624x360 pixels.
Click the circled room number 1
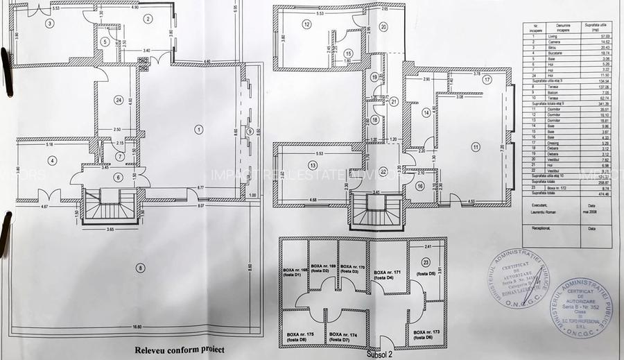pyautogui.click(x=198, y=128)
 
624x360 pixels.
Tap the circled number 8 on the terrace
pyautogui.click(x=141, y=268)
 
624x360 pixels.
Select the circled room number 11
pyautogui.click(x=476, y=146)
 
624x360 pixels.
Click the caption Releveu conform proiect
pyautogui.click(x=180, y=350)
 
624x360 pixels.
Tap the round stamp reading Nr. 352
pyautogui.click(x=581, y=306)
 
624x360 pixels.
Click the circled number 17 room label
pyautogui.click(x=487, y=80)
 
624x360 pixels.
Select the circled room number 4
pyautogui.click(x=51, y=161)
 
